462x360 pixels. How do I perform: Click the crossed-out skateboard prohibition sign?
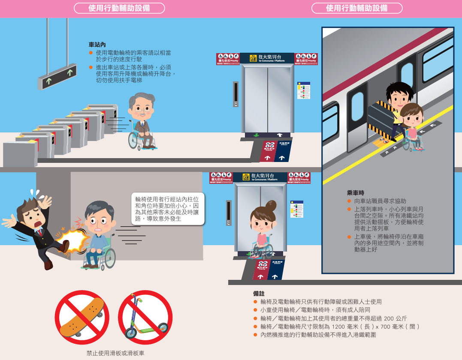pyautogui.click(x=82, y=318)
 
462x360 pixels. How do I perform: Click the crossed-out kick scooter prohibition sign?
pyautogui.click(x=145, y=318)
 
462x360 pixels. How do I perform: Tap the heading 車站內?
pyautogui.click(x=97, y=45)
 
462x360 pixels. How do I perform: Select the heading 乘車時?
pyautogui.click(x=356, y=193)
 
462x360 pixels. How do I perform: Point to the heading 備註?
pyautogui.click(x=259, y=294)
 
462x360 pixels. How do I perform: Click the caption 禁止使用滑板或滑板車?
pyautogui.click(x=115, y=353)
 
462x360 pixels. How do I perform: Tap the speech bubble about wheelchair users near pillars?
pyautogui.click(x=167, y=209)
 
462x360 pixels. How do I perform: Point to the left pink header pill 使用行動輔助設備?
pyautogui.click(x=119, y=8)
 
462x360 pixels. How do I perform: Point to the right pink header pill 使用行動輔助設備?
pyautogui.click(x=357, y=8)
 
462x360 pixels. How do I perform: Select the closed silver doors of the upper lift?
pyautogui.click(x=267, y=99)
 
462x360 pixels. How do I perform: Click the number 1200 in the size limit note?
pyautogui.click(x=338, y=327)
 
